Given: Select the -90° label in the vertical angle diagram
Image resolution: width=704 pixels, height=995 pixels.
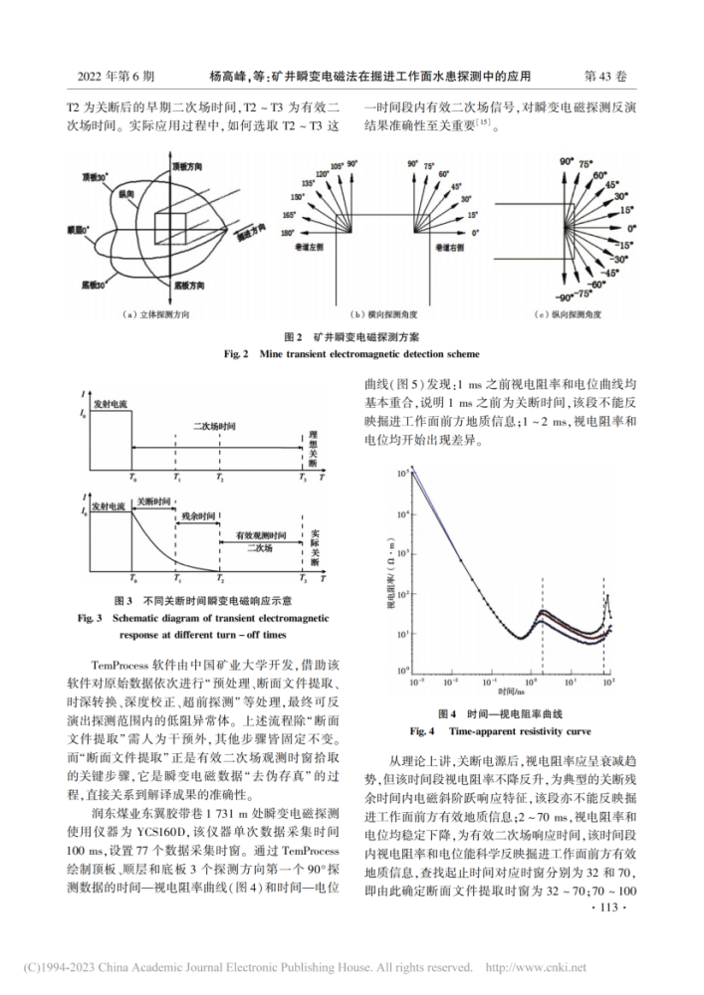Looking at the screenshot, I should click(565, 296).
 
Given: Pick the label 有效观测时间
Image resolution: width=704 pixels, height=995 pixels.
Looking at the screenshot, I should click(261, 536).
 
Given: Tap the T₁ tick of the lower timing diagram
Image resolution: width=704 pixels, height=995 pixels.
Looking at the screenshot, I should click(176, 578).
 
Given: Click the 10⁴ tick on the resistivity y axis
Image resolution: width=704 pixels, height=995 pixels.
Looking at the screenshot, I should click(402, 513).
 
